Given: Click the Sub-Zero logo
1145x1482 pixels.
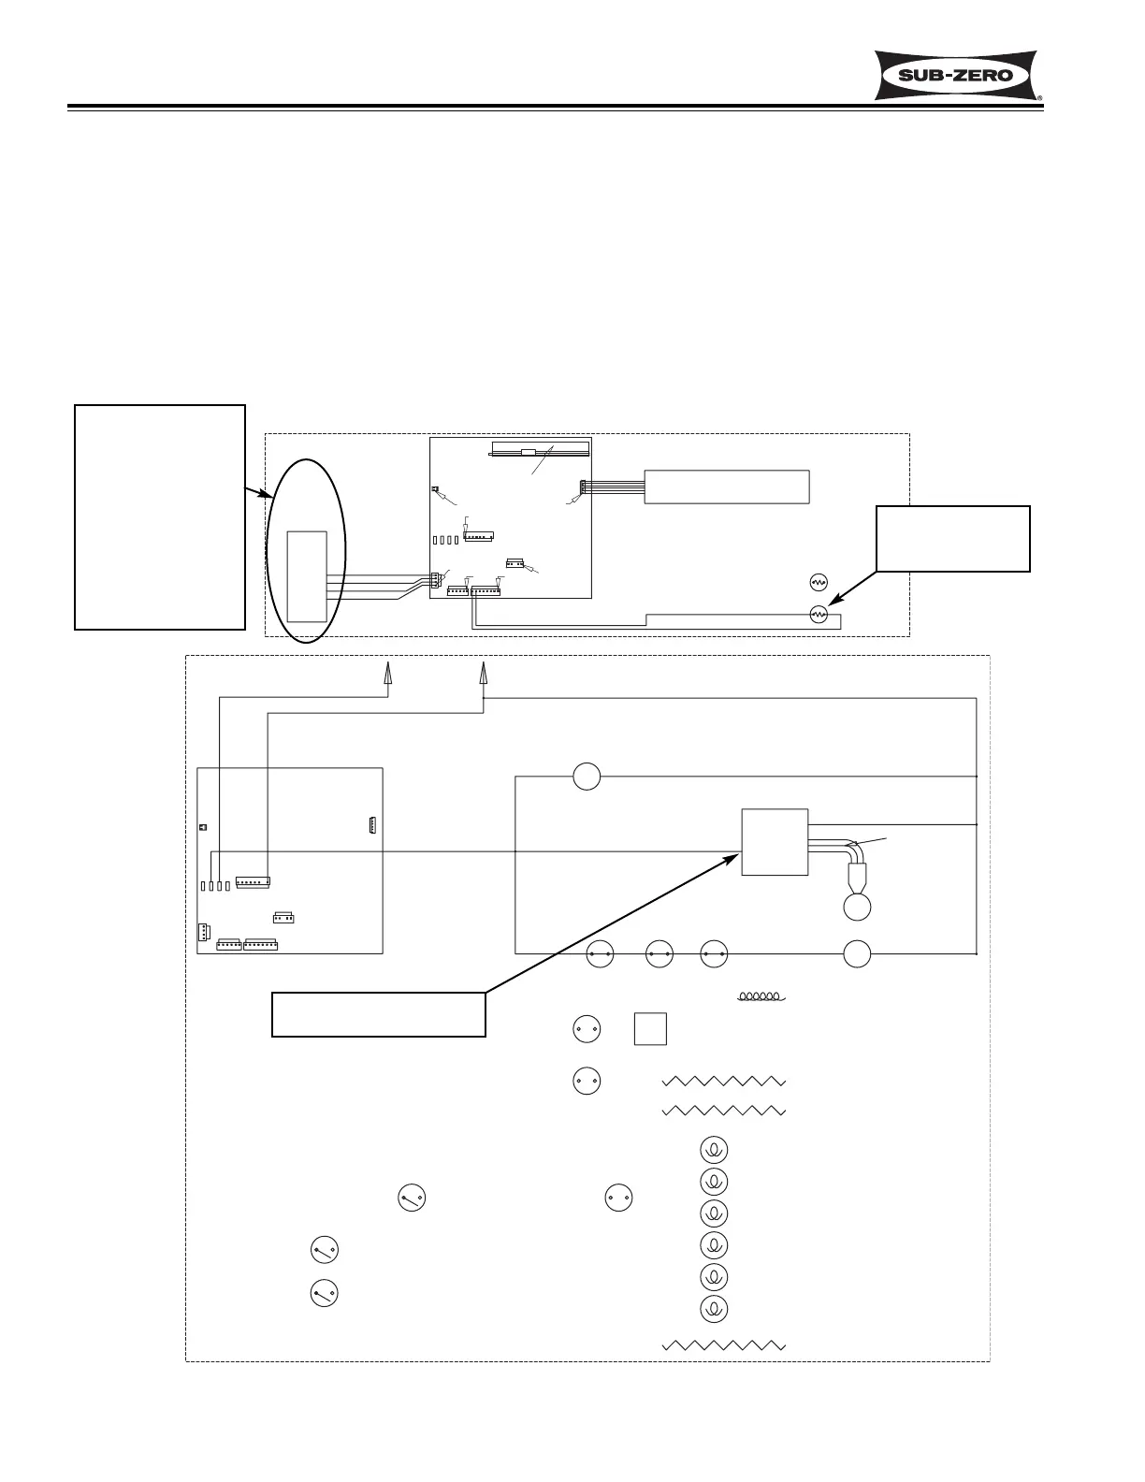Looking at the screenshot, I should (x=957, y=75).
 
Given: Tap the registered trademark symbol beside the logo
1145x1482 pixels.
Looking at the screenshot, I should (x=1039, y=96).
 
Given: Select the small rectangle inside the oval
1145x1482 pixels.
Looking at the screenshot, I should (x=307, y=575).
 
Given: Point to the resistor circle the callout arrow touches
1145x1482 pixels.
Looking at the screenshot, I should (x=819, y=614).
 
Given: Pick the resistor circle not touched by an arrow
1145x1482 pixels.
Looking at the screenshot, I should (x=819, y=582).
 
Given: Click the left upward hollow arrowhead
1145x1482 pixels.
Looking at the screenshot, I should (x=387, y=674).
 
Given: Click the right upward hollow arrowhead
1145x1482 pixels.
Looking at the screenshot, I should (x=484, y=674).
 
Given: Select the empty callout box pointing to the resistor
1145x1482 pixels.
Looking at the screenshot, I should (x=952, y=538).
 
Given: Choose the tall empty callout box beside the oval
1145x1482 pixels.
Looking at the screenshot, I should (x=160, y=516).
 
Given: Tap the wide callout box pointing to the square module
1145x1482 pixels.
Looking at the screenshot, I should (x=378, y=1014).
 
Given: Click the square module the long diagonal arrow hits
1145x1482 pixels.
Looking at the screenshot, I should (x=775, y=842).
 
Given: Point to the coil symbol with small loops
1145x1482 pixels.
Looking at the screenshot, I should (x=761, y=996).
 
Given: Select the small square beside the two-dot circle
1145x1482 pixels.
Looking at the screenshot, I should (x=650, y=1029).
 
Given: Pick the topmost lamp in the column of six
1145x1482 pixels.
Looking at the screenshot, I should (x=714, y=1150).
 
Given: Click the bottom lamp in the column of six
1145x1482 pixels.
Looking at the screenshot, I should (x=714, y=1308).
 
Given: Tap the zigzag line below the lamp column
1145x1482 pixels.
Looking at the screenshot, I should (x=723, y=1344).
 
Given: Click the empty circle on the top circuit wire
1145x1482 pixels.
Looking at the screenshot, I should (x=587, y=777).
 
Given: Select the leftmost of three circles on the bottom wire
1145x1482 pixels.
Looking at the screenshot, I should (x=600, y=954).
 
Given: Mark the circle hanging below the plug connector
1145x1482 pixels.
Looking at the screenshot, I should (x=858, y=907).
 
